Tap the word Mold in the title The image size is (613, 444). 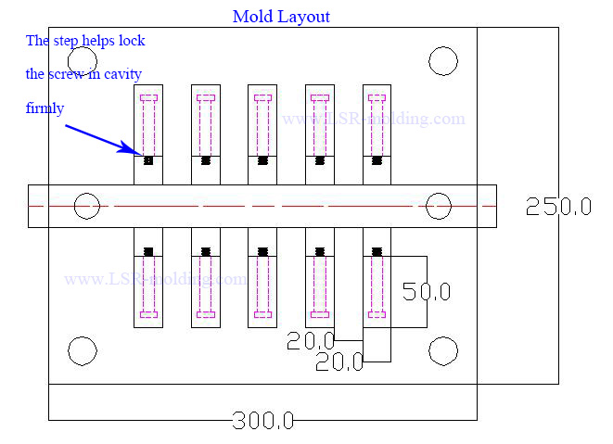click(252, 17)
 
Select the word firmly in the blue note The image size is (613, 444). click(45, 108)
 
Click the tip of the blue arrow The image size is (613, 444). click(139, 153)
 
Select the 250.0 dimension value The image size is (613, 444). click(558, 207)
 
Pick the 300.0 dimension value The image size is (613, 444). click(262, 422)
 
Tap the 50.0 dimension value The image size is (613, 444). click(426, 291)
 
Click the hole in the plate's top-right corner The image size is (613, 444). click(443, 61)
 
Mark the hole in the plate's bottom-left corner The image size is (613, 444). click(83, 350)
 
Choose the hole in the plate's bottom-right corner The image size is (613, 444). click(443, 350)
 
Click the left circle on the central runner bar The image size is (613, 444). click(87, 205)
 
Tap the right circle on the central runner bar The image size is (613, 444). click(438, 205)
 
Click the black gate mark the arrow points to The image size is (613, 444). click(148, 160)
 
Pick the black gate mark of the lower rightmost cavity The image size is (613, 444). click(377, 251)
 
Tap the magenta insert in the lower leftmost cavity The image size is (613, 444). click(148, 286)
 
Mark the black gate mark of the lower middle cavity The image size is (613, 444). click(262, 251)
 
